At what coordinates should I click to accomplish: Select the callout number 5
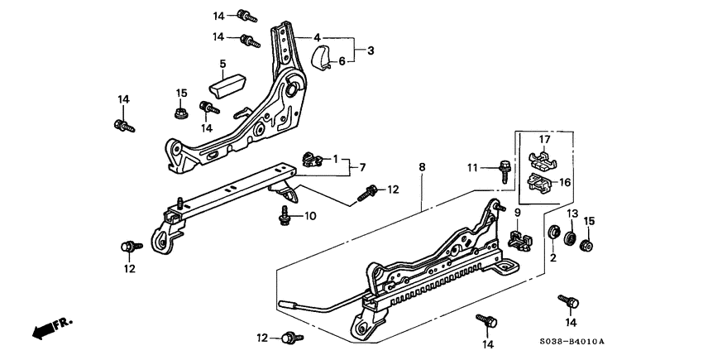click(222, 64)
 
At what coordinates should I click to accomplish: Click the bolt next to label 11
click(505, 169)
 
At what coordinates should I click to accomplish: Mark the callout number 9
click(517, 213)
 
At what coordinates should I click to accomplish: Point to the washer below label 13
click(569, 240)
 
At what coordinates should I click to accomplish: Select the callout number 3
click(371, 50)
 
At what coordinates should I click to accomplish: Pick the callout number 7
click(361, 168)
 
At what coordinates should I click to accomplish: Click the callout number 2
click(552, 258)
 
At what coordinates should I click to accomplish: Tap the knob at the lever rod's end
click(290, 304)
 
